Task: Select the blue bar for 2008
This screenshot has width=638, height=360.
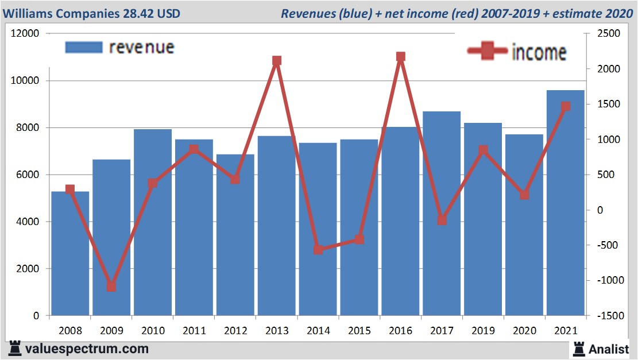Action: pyautogui.click(x=70, y=253)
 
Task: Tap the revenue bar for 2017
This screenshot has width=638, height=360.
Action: pyautogui.click(x=442, y=213)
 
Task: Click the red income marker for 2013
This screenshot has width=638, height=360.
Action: pyautogui.click(x=277, y=61)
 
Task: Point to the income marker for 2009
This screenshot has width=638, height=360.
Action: pyautogui.click(x=111, y=287)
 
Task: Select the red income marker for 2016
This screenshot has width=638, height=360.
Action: pyautogui.click(x=400, y=57)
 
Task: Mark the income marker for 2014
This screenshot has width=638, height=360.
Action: pyautogui.click(x=318, y=250)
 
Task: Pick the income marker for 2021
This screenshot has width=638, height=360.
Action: pyautogui.click(x=566, y=106)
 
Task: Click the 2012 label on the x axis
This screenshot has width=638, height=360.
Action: pyautogui.click(x=235, y=331)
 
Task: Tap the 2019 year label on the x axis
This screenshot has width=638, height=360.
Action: pyautogui.click(x=483, y=331)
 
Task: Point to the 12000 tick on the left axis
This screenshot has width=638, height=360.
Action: pyautogui.click(x=25, y=34)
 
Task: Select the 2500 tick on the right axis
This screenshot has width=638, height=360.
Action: pyautogui.click(x=608, y=34)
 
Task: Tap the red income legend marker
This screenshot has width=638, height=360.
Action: pyautogui.click(x=488, y=51)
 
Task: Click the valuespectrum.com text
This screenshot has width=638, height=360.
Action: pyautogui.click(x=87, y=349)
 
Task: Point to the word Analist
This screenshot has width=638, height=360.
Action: pyautogui.click(x=609, y=349)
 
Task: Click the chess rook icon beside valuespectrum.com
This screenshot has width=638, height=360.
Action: pyautogui.click(x=15, y=349)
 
